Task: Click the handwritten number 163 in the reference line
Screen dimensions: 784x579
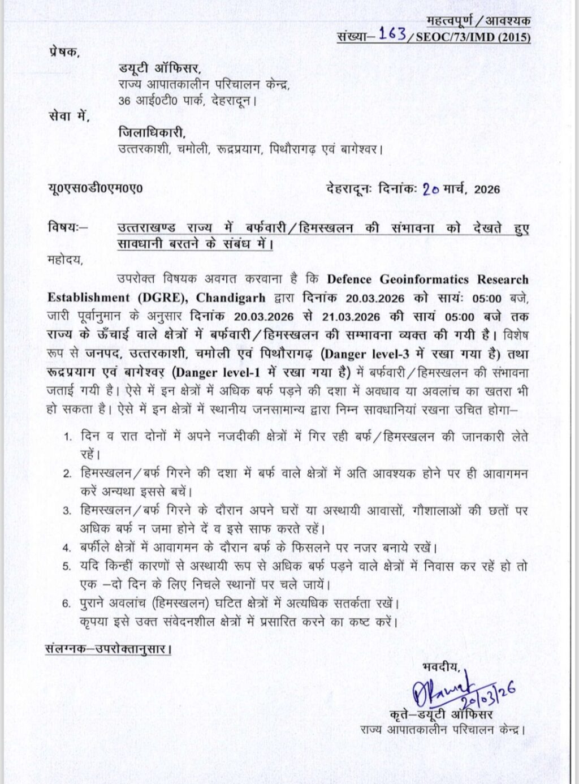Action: (392, 34)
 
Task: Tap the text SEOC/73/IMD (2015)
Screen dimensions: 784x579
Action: (473, 37)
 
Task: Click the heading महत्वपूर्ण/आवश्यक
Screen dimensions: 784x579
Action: (478, 21)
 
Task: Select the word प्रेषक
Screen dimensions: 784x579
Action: (63, 52)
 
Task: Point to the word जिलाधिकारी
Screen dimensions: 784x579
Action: (152, 133)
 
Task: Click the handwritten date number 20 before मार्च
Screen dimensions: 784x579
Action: (431, 189)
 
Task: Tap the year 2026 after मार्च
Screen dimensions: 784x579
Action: (487, 189)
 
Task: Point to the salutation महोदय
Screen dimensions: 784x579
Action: (65, 260)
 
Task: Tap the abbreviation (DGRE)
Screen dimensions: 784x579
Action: (170, 298)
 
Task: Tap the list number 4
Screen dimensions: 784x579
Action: (67, 548)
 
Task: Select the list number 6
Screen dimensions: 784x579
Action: (67, 604)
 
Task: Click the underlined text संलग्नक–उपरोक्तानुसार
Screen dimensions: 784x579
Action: (109, 648)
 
